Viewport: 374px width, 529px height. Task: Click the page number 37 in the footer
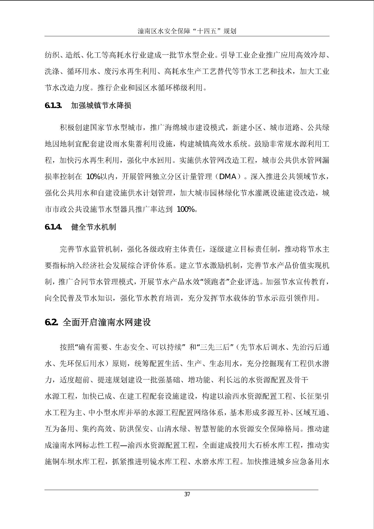click(187, 494)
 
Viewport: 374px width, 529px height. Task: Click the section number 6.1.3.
click(53, 106)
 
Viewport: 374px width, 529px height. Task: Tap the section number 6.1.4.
click(53, 227)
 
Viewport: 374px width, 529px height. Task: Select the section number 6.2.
click(52, 322)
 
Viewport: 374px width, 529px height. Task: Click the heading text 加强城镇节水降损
click(101, 106)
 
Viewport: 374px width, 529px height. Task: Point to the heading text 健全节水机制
click(93, 227)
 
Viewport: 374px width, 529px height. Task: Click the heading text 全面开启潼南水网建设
click(107, 322)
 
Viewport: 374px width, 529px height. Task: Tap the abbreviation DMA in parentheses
click(228, 177)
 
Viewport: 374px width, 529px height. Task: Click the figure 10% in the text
click(93, 177)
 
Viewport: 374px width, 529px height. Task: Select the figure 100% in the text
click(186, 209)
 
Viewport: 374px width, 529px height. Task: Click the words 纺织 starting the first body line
click(52, 55)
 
